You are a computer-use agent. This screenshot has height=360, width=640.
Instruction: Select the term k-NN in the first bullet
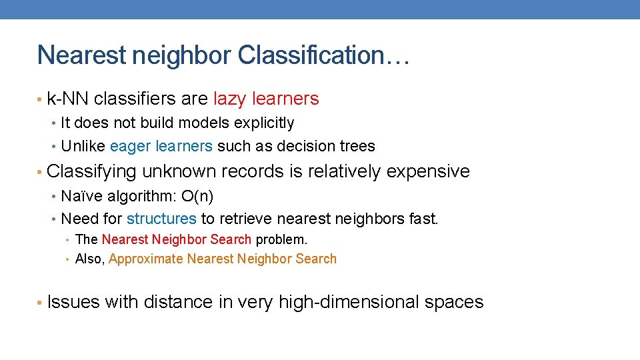(x=69, y=99)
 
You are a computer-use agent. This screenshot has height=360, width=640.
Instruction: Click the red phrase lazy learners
(x=266, y=99)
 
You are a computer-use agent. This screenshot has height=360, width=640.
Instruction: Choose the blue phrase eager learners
(x=161, y=146)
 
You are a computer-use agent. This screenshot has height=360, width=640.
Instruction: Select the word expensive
(x=428, y=172)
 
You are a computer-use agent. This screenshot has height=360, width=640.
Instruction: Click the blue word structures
(x=161, y=219)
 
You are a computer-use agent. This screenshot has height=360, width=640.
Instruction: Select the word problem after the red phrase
(x=281, y=239)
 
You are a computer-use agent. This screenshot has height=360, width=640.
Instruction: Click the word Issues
(x=73, y=302)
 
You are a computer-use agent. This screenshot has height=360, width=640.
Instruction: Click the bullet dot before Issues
(x=41, y=303)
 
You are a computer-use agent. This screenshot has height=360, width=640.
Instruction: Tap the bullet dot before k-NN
(x=41, y=100)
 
